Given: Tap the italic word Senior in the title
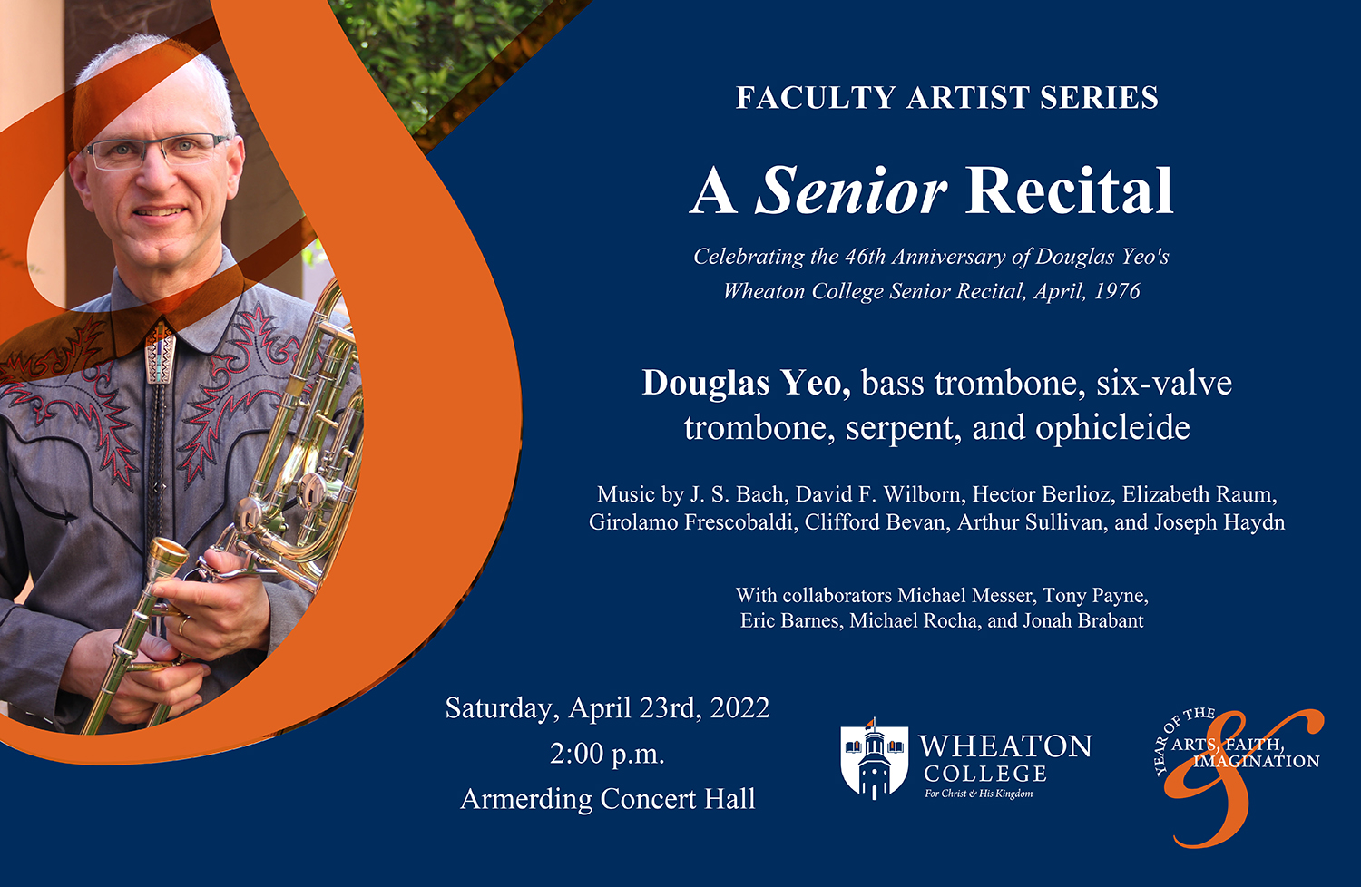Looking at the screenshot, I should (851, 191).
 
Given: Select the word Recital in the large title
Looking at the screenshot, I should (1070, 191).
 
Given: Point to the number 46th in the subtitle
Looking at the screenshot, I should (864, 257).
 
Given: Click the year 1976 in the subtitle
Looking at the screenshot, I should (1117, 291).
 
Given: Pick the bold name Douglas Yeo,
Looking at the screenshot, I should (746, 383).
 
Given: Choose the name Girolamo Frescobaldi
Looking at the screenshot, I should (690, 522).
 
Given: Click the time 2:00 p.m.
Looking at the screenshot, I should (607, 754).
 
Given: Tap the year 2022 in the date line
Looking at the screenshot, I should (739, 708).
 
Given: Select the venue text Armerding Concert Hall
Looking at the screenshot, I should (607, 799).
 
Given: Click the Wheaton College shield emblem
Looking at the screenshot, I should (874, 759).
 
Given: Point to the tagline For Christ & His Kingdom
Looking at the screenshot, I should (978, 794).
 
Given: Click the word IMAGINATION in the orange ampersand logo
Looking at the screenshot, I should (1257, 762).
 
